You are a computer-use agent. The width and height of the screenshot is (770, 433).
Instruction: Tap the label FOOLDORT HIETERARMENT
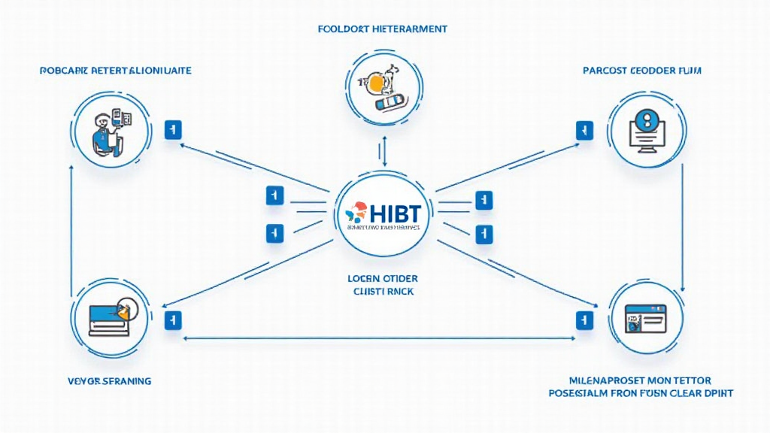pyautogui.click(x=383, y=29)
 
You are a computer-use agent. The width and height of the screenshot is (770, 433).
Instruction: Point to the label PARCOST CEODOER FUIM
pyautogui.click(x=642, y=70)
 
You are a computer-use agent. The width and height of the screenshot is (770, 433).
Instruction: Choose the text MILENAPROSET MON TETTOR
pyautogui.click(x=641, y=380)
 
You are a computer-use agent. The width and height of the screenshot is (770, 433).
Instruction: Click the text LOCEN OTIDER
pyautogui.click(x=383, y=277)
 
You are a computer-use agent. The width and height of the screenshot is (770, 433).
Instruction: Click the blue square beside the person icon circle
pyautogui.click(x=173, y=130)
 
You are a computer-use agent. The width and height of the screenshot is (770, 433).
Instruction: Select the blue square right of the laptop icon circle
pyautogui.click(x=173, y=319)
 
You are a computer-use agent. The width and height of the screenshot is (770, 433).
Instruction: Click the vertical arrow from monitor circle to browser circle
pyautogui.click(x=681, y=226)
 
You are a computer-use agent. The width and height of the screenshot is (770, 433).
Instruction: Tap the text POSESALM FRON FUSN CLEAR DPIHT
pyautogui.click(x=641, y=393)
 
